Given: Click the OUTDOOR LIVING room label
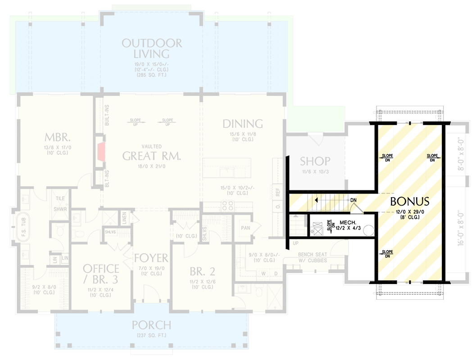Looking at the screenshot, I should (x=152, y=49).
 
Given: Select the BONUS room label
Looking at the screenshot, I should (x=409, y=201).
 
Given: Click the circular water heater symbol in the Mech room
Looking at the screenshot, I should (x=368, y=230).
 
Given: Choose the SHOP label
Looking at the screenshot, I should (x=315, y=161).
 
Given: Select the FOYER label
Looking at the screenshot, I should (x=151, y=258).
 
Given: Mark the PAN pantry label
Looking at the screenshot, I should (x=245, y=228).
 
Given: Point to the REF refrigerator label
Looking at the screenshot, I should (x=278, y=191).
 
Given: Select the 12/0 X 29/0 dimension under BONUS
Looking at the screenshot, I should (x=409, y=211).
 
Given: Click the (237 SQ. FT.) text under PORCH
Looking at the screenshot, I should (x=151, y=333).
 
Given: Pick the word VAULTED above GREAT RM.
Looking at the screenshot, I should (x=151, y=147).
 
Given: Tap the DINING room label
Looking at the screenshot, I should (x=243, y=123).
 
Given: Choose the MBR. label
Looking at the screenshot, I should (x=56, y=137).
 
